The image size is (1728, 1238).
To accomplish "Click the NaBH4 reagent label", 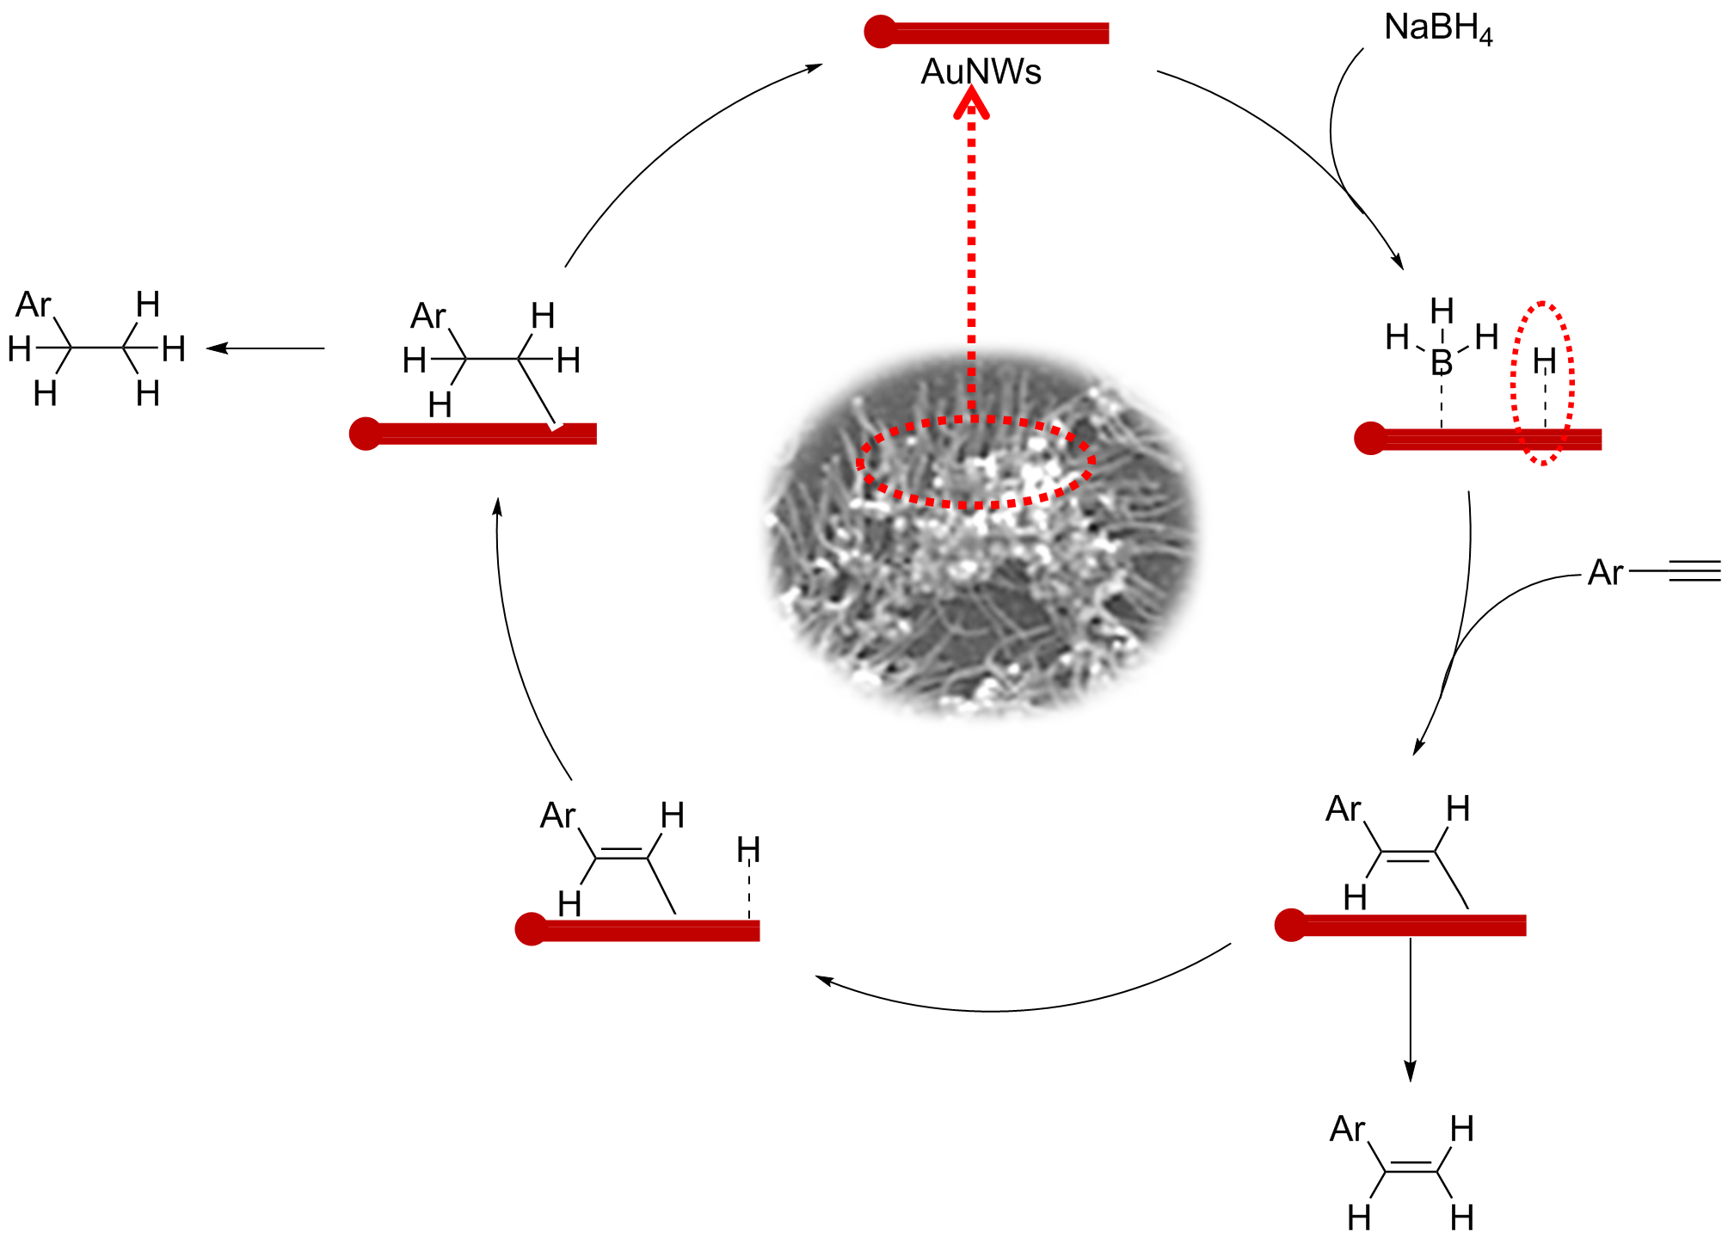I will tap(1437, 28).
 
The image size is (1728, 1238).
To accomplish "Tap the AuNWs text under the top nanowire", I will tap(981, 72).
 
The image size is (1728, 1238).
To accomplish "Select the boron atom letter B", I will tap(1442, 362).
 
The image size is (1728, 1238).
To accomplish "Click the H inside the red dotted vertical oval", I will tap(1545, 360).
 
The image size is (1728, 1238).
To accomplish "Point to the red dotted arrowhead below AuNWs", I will tap(972, 105).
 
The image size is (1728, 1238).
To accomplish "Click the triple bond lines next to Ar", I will tap(1694, 570).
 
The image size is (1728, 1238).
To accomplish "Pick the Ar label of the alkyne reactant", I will tap(1605, 572).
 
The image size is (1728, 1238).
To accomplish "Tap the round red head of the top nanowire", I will tap(880, 32).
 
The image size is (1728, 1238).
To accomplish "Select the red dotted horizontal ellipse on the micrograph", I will tap(975, 463).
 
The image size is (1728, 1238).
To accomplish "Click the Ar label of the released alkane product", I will tap(34, 305).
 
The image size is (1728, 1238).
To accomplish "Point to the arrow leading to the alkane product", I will tap(266, 348).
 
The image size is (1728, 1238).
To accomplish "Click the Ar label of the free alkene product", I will tap(1347, 1129).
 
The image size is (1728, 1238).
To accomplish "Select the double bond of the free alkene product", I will tap(1411, 1167).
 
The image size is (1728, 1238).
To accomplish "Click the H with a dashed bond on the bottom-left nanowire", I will tap(748, 850).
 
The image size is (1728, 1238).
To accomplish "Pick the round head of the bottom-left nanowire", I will tap(531, 929).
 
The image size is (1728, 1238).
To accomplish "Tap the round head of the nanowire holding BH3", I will tap(1369, 438).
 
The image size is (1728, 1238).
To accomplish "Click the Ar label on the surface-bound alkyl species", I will tap(428, 316).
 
